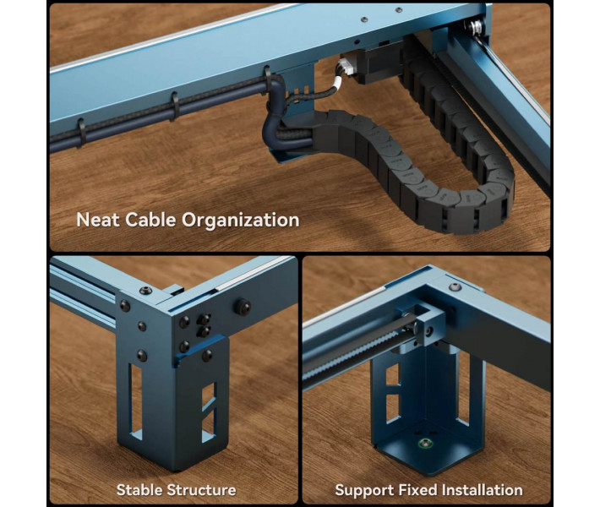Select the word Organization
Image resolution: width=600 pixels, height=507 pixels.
(240, 221)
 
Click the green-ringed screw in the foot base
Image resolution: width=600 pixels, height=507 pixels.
(425, 444)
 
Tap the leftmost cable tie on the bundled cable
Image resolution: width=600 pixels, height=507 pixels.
(81, 133)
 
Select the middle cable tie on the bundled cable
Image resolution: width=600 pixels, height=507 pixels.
(175, 106)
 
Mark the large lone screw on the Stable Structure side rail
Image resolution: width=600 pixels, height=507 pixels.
(243, 308)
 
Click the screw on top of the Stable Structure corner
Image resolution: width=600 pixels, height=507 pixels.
(145, 291)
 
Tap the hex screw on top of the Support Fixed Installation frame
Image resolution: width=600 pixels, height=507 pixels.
(455, 287)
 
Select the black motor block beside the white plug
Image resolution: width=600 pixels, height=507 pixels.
(378, 63)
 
